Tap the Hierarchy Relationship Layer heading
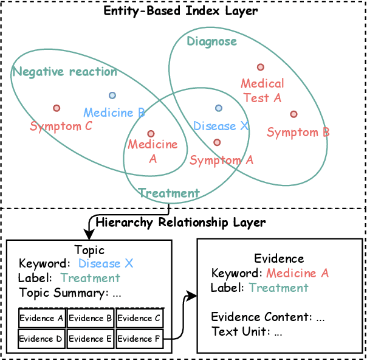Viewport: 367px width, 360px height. tap(180, 223)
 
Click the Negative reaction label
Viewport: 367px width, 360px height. tap(65, 72)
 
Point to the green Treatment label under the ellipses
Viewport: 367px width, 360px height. tap(169, 193)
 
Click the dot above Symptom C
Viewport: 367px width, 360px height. tap(57, 108)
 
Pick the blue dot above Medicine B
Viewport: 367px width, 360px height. tap(112, 95)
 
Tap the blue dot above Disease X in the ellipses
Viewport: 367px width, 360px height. tap(218, 108)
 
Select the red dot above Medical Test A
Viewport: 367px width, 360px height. tap(261, 67)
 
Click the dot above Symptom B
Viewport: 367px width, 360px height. tap(293, 114)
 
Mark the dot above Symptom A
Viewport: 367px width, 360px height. tap(217, 142)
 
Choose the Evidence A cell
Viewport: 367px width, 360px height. tap(41, 318)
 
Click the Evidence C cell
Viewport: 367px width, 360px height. tap(140, 318)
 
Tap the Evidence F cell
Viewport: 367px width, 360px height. tap(140, 339)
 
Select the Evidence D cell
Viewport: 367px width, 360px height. tap(41, 339)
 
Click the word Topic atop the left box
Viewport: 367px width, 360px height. tap(89, 250)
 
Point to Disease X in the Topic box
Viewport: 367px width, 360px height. tap(106, 264)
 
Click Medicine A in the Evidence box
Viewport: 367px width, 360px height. tap(298, 274)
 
